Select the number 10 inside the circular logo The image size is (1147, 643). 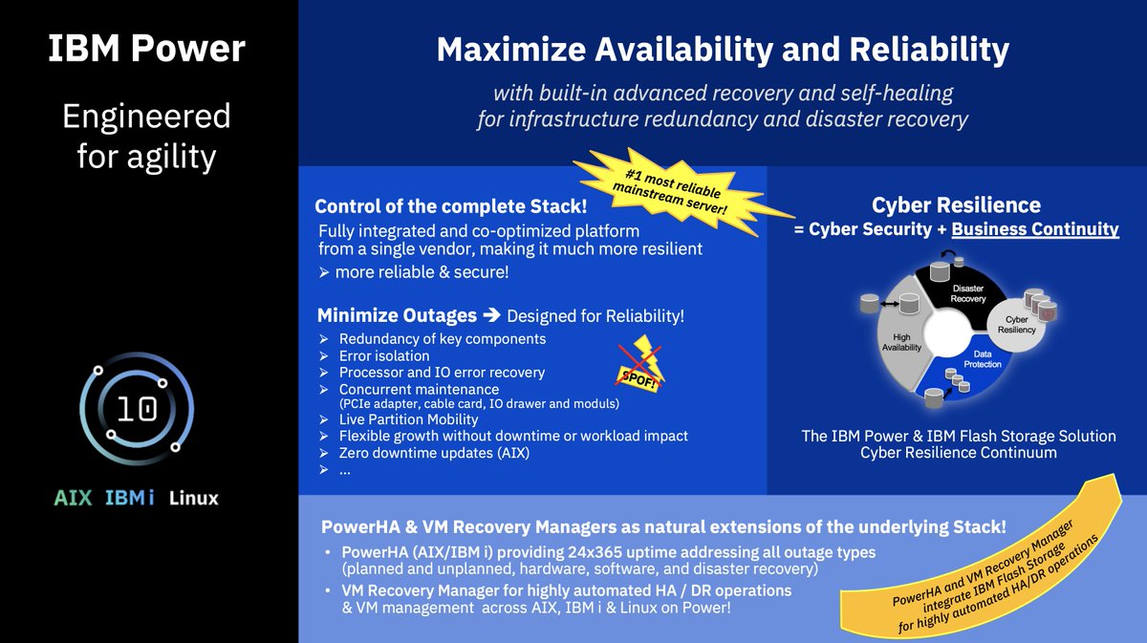pos(137,408)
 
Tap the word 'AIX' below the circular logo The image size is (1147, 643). pos(73,498)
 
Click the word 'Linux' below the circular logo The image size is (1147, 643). pos(193,498)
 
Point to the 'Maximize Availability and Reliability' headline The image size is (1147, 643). pos(722,50)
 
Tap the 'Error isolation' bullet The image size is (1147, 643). pos(384,355)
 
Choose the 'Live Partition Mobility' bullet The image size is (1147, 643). pos(408,419)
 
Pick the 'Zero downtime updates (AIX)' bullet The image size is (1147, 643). pos(434,452)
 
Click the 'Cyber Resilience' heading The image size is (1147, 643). pos(956,204)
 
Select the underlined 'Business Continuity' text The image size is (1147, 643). pos(1034,229)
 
